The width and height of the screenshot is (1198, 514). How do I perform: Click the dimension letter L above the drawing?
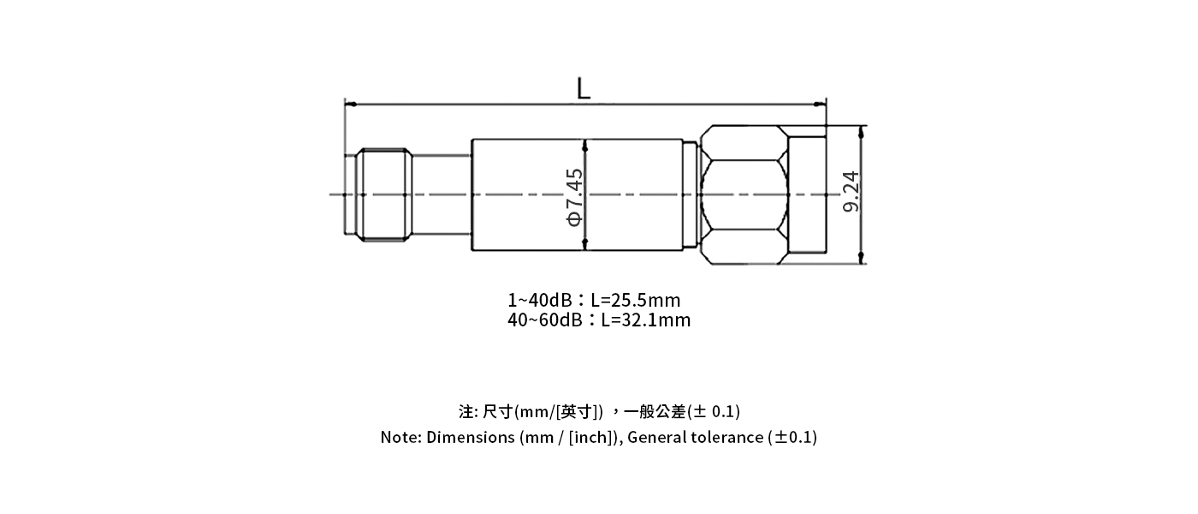(x=584, y=88)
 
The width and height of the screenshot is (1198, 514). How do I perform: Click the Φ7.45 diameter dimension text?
(x=575, y=196)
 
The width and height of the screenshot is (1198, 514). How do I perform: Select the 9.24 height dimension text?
(x=851, y=194)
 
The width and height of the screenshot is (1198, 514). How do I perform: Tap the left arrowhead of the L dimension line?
(x=349, y=105)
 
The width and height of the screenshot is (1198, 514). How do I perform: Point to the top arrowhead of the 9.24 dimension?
(x=861, y=131)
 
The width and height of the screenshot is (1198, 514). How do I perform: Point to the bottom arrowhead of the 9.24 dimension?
(x=861, y=258)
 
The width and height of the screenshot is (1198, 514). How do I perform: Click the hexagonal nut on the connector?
(x=743, y=194)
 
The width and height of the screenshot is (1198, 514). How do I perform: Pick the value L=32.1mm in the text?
(x=645, y=320)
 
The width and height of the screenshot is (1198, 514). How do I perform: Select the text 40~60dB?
(x=545, y=320)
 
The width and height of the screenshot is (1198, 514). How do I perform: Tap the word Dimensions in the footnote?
(x=470, y=438)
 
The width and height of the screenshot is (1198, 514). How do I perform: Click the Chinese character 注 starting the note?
(x=466, y=411)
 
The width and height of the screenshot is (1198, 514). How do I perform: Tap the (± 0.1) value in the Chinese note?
(x=714, y=411)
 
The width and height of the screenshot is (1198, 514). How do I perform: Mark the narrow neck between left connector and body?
(x=441, y=194)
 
